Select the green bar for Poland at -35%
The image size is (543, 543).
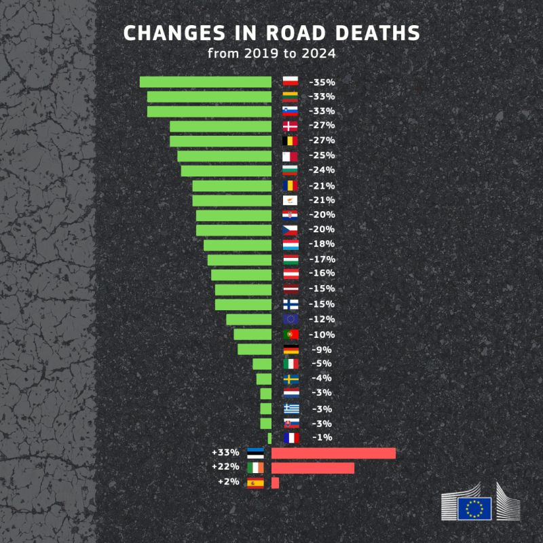coord(205,81)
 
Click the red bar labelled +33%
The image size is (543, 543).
coord(333,453)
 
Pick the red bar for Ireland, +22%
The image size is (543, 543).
coord(312,468)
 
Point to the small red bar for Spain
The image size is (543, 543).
coord(275,483)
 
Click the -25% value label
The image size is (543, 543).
coord(321,155)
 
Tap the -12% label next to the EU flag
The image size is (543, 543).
coord(321,319)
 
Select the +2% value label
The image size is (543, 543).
coord(229,482)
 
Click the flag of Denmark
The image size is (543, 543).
coord(290,126)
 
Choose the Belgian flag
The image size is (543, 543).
coord(290,141)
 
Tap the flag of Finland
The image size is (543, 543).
coord(290,304)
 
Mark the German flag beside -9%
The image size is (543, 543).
coord(290,349)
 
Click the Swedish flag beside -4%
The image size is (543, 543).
coord(290,379)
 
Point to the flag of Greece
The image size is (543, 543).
coord(290,409)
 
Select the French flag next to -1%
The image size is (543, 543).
coord(290,438)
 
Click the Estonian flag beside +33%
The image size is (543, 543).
coord(255,453)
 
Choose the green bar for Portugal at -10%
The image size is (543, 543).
coord(252,334)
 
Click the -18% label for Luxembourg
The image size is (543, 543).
coord(321,244)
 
